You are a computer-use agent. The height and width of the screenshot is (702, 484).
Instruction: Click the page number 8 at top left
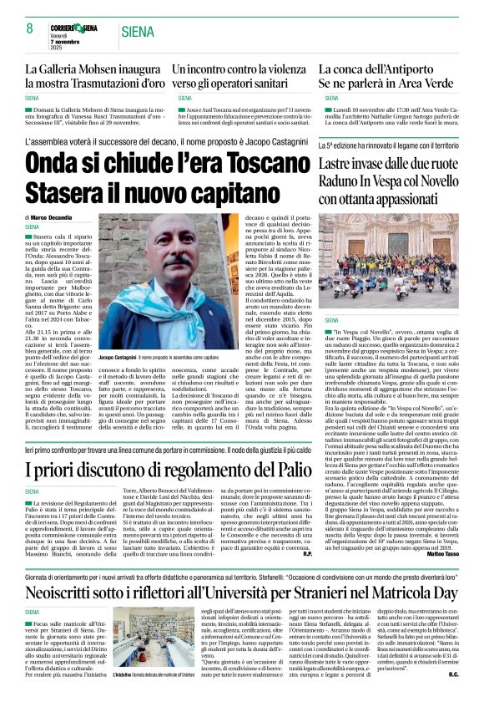click(x=30, y=28)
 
